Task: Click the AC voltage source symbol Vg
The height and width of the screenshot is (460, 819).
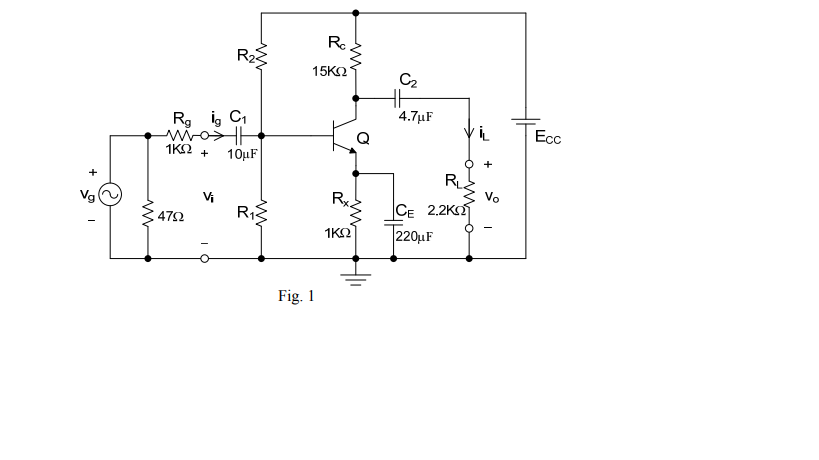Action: [x=108, y=195]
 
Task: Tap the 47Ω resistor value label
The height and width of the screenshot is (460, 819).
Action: [x=171, y=214]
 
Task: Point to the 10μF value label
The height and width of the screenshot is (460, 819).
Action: [x=244, y=154]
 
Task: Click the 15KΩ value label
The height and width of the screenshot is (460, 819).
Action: [x=329, y=71]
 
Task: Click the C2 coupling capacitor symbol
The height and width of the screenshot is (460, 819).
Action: [x=397, y=98]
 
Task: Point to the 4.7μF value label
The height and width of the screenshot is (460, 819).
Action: [x=415, y=116]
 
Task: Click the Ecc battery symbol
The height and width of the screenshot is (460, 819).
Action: [x=525, y=123]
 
